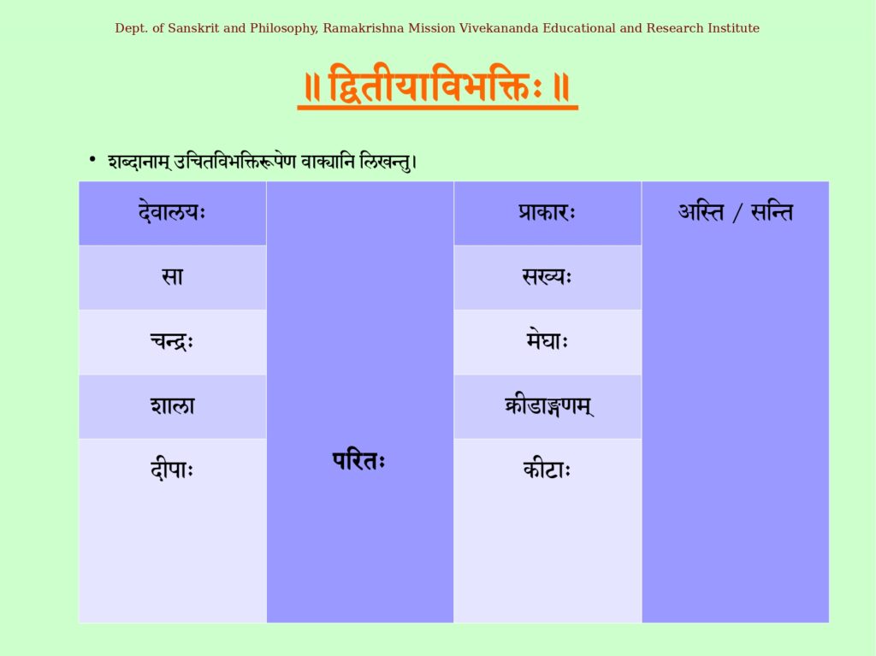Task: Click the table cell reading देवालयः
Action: [172, 213]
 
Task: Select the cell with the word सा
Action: [172, 277]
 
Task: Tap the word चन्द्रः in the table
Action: [172, 341]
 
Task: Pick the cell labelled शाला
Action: [172, 406]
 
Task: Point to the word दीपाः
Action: [172, 470]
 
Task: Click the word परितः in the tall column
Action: [359, 461]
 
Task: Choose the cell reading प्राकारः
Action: [547, 213]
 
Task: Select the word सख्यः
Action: [547, 276]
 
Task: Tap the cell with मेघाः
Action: [547, 341]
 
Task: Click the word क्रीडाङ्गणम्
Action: [548, 406]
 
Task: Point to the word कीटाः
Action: [547, 470]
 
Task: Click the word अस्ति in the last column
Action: [701, 212]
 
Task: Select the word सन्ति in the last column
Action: [772, 212]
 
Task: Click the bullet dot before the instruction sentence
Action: [92, 160]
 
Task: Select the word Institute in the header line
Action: [733, 28]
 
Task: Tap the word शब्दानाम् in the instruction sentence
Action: [139, 162]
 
